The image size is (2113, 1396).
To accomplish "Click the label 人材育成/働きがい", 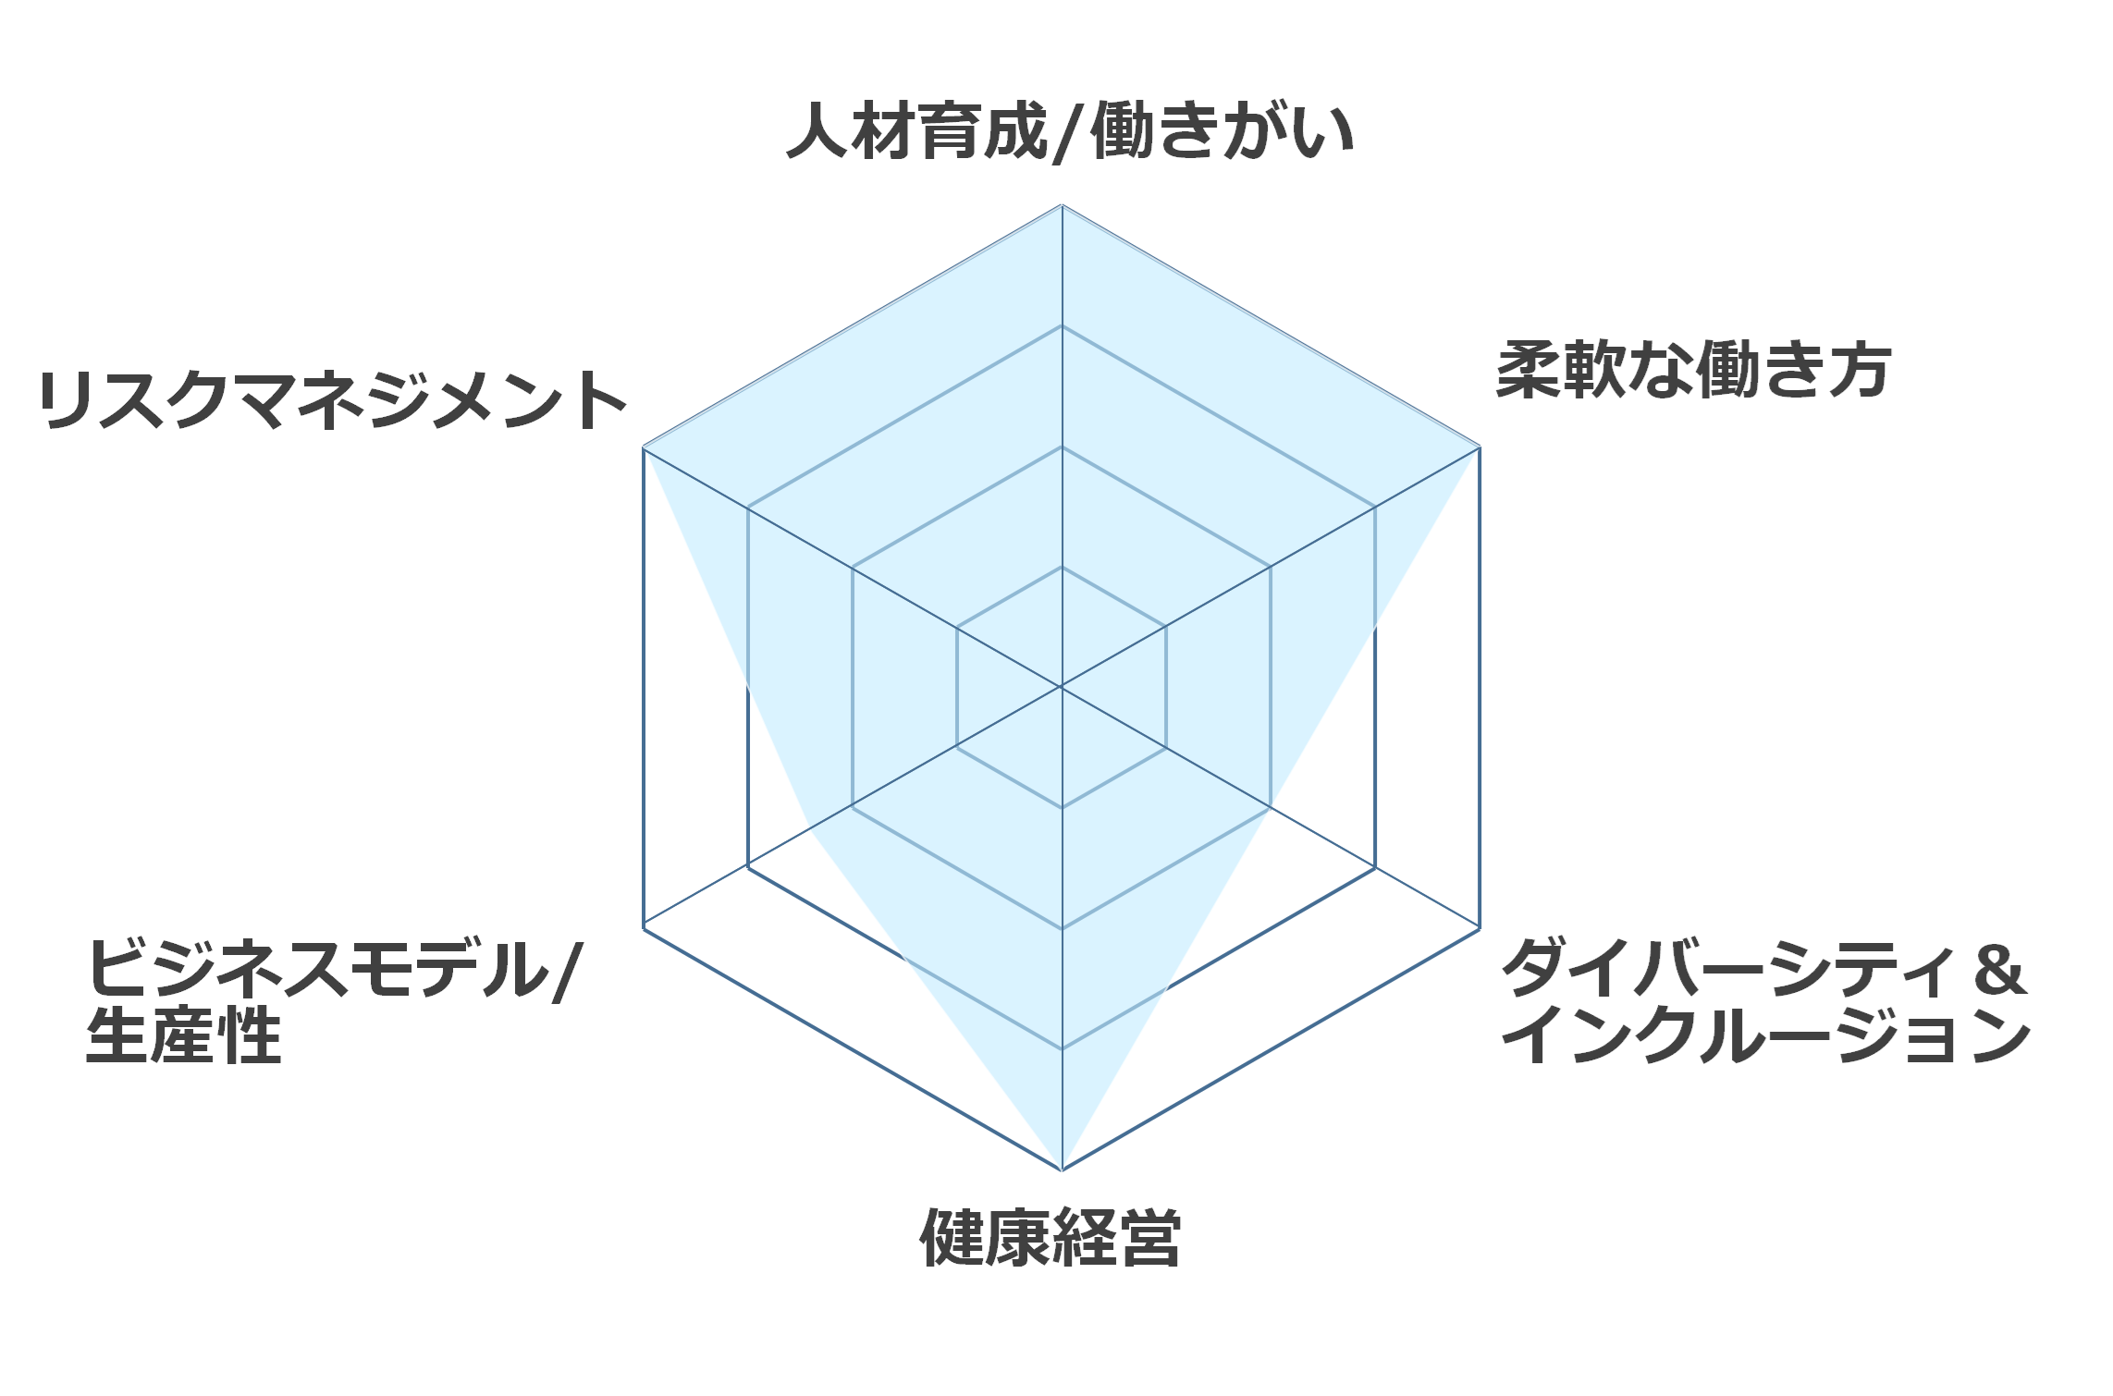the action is tap(1070, 132).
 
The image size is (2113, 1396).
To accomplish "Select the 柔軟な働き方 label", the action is tap(1693, 370).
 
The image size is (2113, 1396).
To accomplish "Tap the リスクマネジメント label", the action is tap(333, 399).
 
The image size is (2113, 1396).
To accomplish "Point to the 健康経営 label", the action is tap(1050, 1237).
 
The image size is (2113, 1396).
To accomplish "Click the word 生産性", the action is tap(183, 1036).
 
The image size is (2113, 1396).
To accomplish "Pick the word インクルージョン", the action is tap(1765, 1035).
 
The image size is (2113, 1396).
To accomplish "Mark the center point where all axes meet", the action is tap(1062, 687).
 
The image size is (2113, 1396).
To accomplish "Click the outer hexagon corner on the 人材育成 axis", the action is tap(1062, 204).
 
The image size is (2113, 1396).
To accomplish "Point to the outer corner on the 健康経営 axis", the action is tap(1062, 1170).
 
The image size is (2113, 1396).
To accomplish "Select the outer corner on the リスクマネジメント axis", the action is tap(643, 447).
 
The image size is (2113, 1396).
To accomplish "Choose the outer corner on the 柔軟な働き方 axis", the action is tap(1480, 447).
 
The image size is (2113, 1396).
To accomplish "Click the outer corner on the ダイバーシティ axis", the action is tap(1480, 928).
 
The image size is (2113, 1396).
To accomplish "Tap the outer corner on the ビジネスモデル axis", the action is tap(643, 928).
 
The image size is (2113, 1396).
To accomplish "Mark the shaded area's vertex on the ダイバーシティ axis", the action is tap(1271, 807).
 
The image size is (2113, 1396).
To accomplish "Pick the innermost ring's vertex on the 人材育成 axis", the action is tap(1062, 567).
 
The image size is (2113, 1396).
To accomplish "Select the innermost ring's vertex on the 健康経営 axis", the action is tap(1062, 808).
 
